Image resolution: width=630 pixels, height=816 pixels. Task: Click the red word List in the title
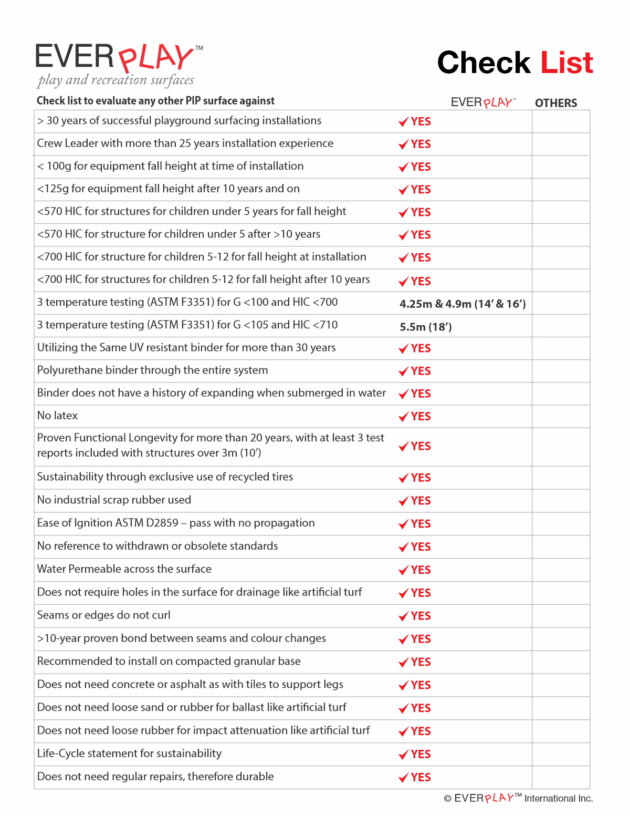[x=566, y=63]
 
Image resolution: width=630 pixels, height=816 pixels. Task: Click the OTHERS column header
[x=555, y=103]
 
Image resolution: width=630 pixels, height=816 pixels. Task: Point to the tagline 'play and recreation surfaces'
[x=115, y=80]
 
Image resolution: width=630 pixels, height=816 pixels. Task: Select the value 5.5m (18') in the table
[x=426, y=327]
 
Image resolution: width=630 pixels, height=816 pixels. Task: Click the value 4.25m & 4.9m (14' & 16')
[x=463, y=304]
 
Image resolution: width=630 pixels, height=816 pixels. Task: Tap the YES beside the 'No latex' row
[x=421, y=417]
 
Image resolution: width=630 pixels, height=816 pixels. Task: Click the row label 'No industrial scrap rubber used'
[x=114, y=500]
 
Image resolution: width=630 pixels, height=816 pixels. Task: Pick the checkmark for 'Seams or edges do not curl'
[x=403, y=616]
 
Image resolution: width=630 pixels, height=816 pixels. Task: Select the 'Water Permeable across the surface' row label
[x=124, y=569]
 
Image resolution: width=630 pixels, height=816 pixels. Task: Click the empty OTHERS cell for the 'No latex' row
[x=561, y=416]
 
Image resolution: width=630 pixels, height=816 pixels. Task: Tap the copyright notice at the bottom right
[x=518, y=798]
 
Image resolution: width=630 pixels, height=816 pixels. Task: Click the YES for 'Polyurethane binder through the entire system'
[x=421, y=371]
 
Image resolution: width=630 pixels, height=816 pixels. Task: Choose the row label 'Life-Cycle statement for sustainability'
[x=129, y=753]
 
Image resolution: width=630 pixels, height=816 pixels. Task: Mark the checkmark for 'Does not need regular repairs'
[x=403, y=778]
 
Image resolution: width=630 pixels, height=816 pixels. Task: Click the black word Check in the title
[x=484, y=63]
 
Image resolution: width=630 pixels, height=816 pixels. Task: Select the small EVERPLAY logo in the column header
[x=483, y=102]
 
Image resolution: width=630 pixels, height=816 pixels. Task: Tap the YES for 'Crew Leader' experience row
[x=421, y=144]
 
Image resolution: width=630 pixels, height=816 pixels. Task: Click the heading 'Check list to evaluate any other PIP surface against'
[x=155, y=101]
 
